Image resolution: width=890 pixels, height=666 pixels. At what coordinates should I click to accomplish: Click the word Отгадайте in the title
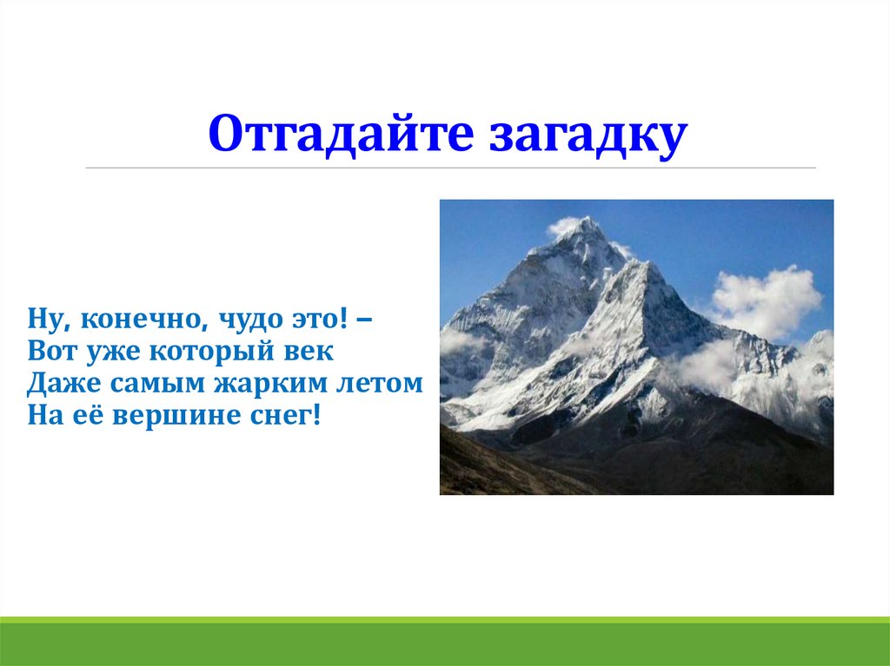click(x=341, y=134)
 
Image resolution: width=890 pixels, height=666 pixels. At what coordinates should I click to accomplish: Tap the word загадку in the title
click(x=588, y=135)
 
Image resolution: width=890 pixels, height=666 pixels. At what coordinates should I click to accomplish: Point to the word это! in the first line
click(x=319, y=320)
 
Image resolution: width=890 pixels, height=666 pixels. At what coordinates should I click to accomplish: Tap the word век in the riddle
click(x=309, y=351)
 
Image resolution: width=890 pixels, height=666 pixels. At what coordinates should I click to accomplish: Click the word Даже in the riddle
click(x=64, y=384)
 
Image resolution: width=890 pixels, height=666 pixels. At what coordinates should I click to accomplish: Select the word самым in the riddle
click(x=158, y=385)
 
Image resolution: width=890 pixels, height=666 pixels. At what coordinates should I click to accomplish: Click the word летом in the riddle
click(x=380, y=384)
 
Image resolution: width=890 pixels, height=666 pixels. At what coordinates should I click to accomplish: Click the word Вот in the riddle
click(x=52, y=351)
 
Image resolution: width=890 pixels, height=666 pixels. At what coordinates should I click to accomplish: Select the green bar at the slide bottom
click(x=445, y=641)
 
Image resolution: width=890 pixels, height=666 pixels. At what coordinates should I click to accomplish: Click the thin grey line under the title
click(x=451, y=168)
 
